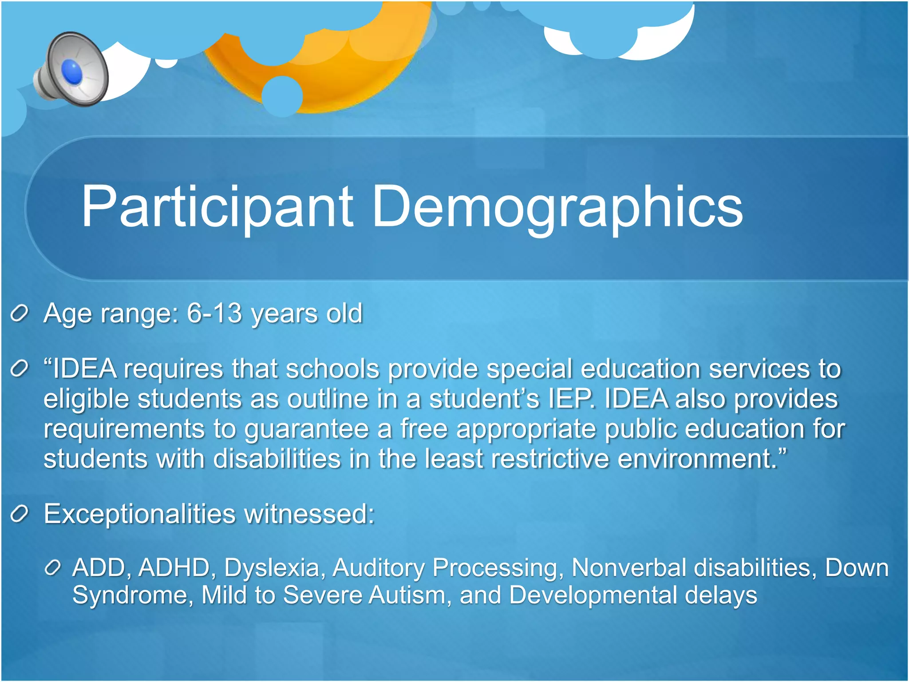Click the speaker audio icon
71,69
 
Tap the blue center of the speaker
72,72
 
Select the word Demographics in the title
557,207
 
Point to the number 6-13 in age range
214,313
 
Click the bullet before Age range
20,314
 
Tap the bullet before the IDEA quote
20,369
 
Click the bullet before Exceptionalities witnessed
20,515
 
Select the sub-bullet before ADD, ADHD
52,568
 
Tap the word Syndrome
132,595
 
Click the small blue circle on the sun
282,96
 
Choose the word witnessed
309,514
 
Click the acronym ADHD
174,568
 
